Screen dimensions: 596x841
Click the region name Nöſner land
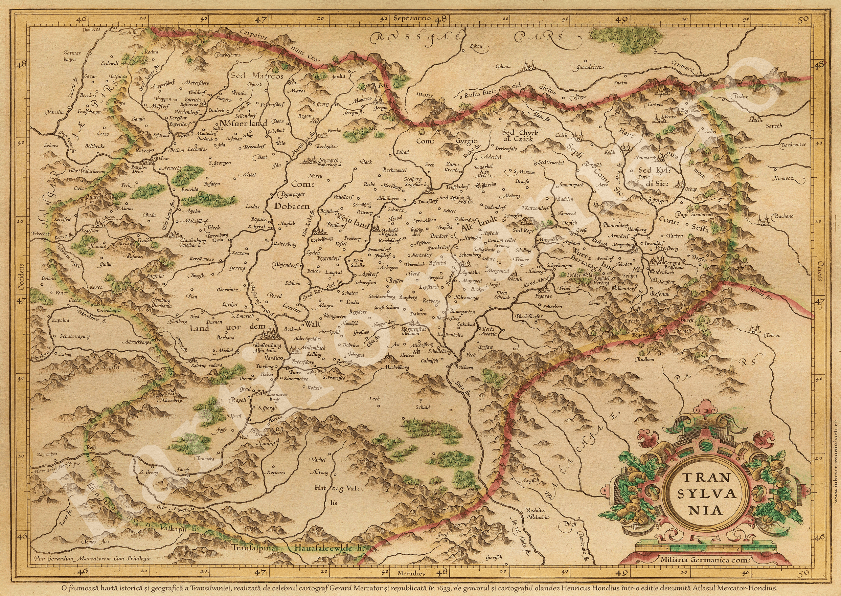point(243,124)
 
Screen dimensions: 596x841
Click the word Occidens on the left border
point(21,277)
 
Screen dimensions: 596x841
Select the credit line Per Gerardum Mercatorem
point(92,558)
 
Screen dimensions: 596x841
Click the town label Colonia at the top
point(503,66)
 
